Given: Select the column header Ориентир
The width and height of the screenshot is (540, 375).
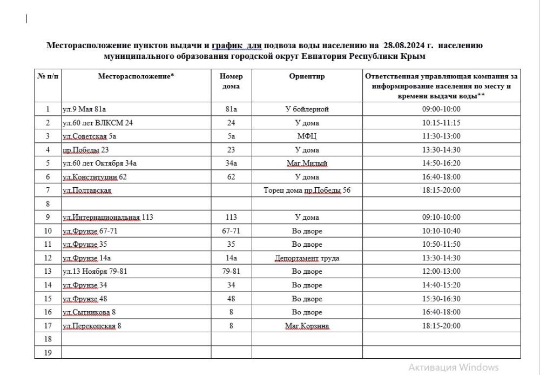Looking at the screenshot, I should tap(307, 76).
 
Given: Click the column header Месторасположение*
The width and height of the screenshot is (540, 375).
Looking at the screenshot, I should tap(136, 76).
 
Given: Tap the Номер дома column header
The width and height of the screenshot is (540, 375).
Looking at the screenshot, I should tap(231, 81).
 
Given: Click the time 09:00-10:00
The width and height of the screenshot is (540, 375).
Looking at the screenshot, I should tap(442, 109).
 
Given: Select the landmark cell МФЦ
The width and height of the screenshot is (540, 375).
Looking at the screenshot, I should tap(307, 136).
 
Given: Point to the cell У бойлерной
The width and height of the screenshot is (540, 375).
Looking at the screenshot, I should tap(307, 109).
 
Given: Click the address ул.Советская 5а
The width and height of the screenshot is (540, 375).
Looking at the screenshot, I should tap(90, 136).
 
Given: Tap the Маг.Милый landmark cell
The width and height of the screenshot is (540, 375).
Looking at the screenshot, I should tap(307, 163).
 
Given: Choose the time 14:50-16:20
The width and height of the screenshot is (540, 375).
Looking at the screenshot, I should tap(442, 163).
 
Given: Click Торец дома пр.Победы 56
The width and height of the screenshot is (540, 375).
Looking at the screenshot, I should tap(307, 190).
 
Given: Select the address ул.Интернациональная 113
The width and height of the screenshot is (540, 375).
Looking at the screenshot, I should tap(108, 218).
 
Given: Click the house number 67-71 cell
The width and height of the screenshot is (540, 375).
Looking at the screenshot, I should tap(231, 231).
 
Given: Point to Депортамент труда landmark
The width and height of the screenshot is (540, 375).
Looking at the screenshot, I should tap(307, 258).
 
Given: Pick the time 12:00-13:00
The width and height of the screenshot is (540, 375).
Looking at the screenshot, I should tap(442, 272).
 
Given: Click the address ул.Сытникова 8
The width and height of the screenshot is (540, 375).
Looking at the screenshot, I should tap(91, 312).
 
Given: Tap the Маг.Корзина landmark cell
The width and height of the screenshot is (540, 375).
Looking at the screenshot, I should tap(307, 326).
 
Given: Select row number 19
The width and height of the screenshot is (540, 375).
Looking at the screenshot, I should tap(48, 353).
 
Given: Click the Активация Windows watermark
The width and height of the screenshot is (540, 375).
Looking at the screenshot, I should tap(454, 367).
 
